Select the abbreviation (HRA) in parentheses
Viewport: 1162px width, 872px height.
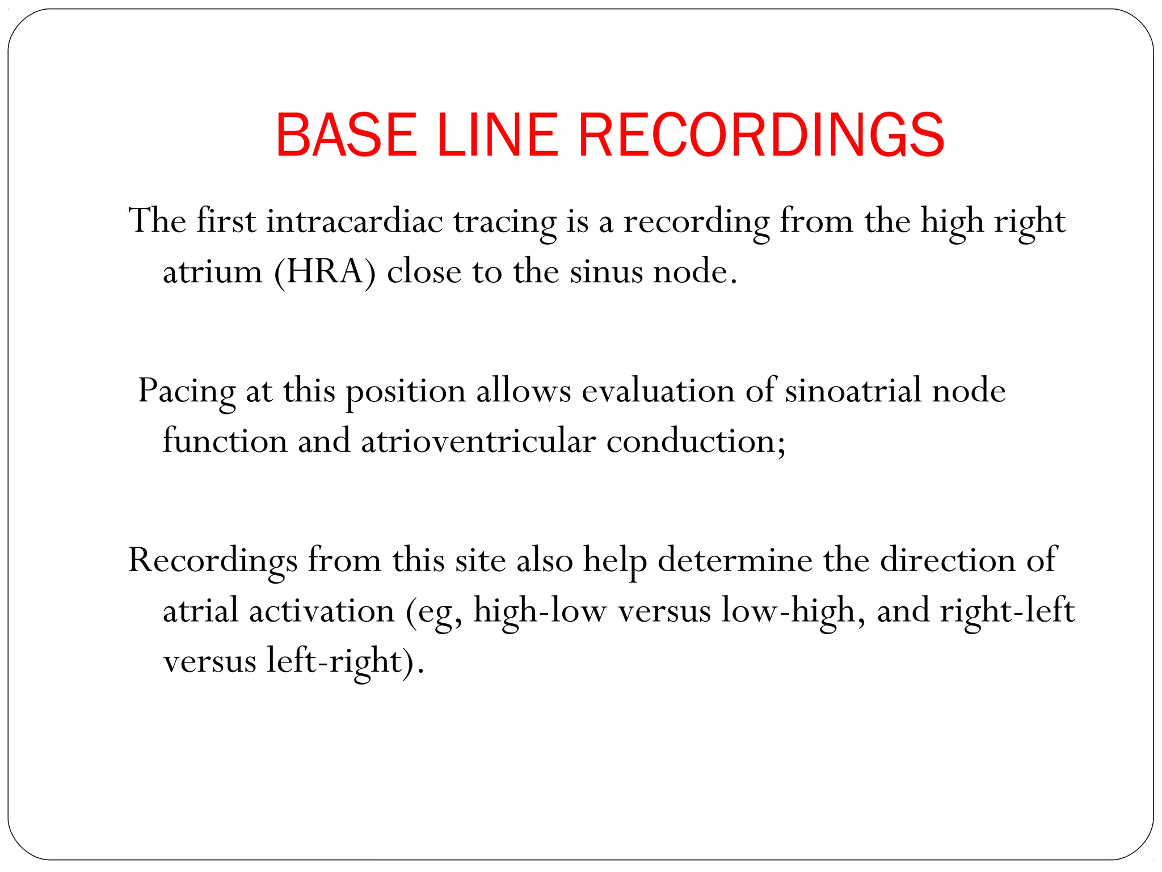coord(325,272)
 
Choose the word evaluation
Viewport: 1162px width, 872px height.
coord(658,391)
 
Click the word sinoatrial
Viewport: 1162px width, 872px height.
coord(852,391)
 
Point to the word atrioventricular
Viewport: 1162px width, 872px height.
coord(478,441)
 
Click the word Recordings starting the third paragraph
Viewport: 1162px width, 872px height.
coord(213,561)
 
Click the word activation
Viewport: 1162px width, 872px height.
coord(321,611)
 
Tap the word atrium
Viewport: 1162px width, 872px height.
coord(212,271)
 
